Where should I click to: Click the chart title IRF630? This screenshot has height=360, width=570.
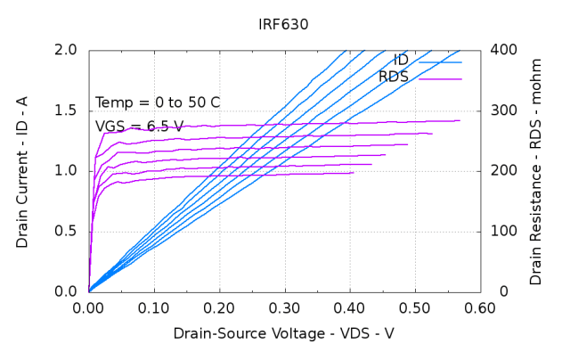click(x=284, y=25)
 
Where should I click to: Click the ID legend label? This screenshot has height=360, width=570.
click(x=401, y=61)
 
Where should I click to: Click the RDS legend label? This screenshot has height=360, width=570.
click(x=393, y=78)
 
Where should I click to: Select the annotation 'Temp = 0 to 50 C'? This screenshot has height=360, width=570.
click(x=158, y=102)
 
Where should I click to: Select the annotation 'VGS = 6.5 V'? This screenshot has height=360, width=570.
click(x=140, y=127)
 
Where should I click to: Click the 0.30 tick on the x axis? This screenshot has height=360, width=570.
click(x=284, y=308)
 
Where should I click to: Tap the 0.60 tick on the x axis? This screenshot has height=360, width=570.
click(x=480, y=308)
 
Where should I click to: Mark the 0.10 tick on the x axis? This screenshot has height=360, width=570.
click(x=154, y=308)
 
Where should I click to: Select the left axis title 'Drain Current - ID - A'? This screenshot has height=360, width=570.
click(x=22, y=169)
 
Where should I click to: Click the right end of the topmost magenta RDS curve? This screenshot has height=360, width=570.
click(x=460, y=120)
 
